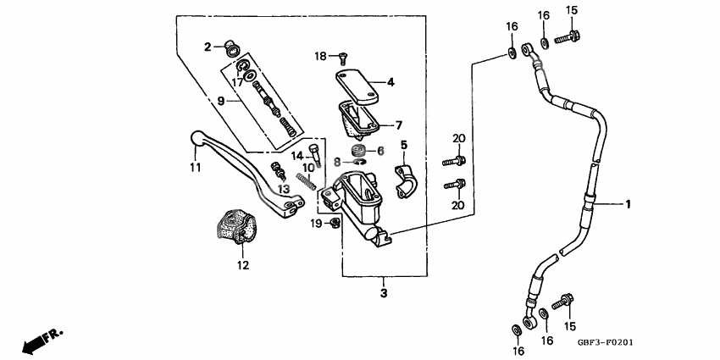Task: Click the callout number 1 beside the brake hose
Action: (629, 204)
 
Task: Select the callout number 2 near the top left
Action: (206, 47)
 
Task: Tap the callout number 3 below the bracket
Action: (383, 293)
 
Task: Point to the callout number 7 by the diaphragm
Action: (398, 125)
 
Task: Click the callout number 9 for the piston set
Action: (221, 101)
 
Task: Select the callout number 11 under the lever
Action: (196, 168)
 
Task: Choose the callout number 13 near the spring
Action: (285, 188)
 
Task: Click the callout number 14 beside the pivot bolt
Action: (298, 156)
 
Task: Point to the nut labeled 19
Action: (335, 223)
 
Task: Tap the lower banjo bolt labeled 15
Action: (562, 302)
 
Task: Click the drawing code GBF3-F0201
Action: (606, 344)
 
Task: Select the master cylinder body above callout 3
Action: (361, 203)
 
